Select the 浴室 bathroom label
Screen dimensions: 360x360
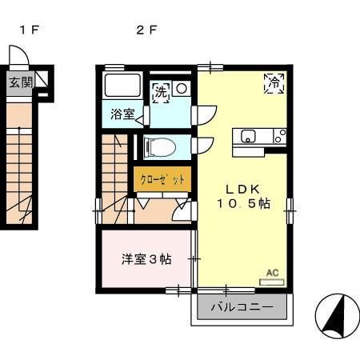coord(122,114)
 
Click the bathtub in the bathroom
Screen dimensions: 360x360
coord(122,86)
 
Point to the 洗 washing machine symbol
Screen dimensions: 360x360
coord(162,90)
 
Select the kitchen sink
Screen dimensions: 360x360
coord(248,135)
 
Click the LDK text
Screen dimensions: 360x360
coord(241,189)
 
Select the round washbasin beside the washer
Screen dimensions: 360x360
coord(182,88)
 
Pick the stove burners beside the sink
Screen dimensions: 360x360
coord(278,136)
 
